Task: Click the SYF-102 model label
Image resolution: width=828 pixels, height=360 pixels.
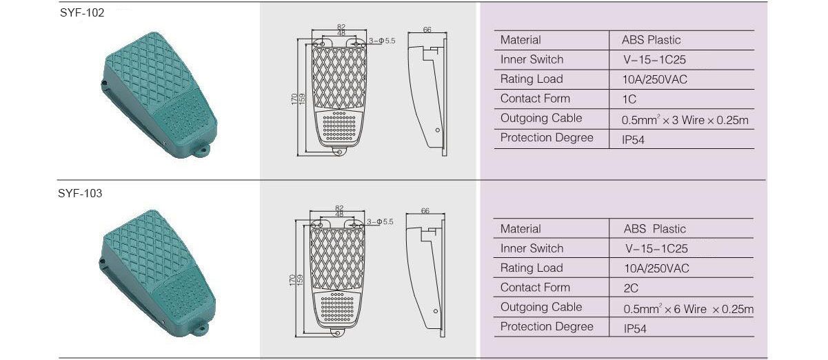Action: [x=82, y=13]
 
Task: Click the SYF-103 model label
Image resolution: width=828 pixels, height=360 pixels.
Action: [x=80, y=193]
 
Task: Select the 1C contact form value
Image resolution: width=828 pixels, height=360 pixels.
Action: [x=629, y=99]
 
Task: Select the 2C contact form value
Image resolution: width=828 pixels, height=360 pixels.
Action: [x=631, y=288]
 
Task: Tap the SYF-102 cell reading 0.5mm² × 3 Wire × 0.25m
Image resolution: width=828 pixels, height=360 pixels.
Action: [x=685, y=120]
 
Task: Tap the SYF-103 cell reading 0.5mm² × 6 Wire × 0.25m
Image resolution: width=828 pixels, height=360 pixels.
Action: [x=688, y=309]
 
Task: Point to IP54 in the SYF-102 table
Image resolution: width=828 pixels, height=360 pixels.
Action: [x=633, y=140]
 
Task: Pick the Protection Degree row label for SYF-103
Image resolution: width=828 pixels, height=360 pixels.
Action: [x=547, y=327]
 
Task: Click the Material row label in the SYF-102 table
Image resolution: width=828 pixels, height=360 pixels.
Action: [x=521, y=40]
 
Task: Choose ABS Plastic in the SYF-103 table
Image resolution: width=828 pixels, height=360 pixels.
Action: [x=655, y=229]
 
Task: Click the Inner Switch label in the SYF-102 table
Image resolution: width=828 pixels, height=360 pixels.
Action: [x=532, y=59]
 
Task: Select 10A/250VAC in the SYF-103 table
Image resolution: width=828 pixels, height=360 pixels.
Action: [x=656, y=268]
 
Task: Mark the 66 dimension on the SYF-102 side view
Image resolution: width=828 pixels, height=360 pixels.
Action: [x=427, y=30]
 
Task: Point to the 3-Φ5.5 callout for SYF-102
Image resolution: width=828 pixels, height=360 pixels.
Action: [x=382, y=41]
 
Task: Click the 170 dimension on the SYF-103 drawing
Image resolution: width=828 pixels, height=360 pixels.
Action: [x=292, y=280]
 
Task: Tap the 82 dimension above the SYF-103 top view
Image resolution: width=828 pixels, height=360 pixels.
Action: [x=339, y=208]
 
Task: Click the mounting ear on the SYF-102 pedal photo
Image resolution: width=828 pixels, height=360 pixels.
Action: [x=202, y=150]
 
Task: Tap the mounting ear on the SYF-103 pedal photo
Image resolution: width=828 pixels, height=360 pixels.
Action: [x=201, y=328]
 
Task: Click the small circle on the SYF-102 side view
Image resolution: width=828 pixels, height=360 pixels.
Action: [x=438, y=130]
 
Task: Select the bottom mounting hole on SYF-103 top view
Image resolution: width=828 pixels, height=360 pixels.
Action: [x=338, y=333]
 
